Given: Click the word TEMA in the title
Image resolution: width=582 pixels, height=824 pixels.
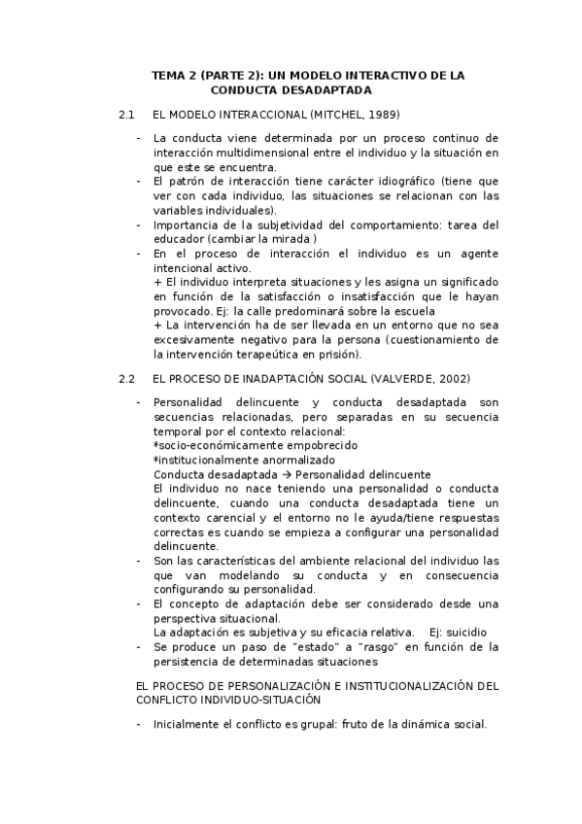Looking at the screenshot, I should point(170,75).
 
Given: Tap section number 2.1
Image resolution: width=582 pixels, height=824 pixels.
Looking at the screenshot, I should point(125,115).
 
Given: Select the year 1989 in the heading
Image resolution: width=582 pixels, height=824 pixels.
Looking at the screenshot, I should point(377,115).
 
